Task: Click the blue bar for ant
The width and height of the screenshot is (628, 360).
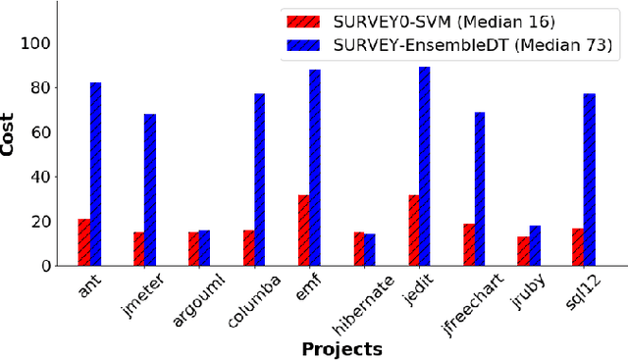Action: point(95,174)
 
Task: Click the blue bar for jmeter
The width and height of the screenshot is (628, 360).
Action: point(150,189)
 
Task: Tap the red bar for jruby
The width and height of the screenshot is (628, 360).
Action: point(524,251)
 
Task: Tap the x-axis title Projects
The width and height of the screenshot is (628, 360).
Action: point(341,348)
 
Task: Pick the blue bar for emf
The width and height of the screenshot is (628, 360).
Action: point(315,168)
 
